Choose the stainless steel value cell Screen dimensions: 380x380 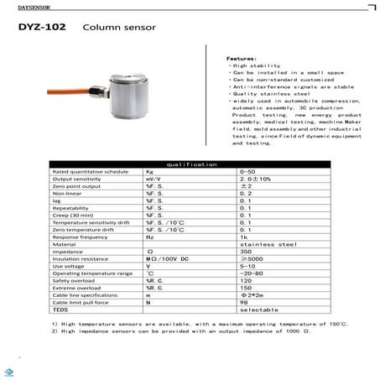260,244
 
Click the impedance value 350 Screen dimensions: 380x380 246,252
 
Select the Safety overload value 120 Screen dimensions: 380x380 246,281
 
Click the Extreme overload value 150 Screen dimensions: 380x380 246,289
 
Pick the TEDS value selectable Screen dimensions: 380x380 255,310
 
